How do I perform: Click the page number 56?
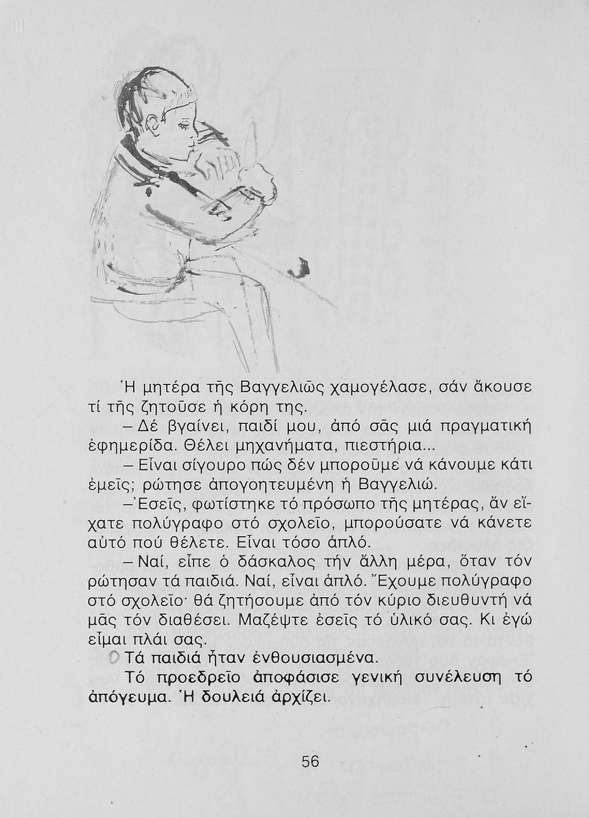pos(310,761)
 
